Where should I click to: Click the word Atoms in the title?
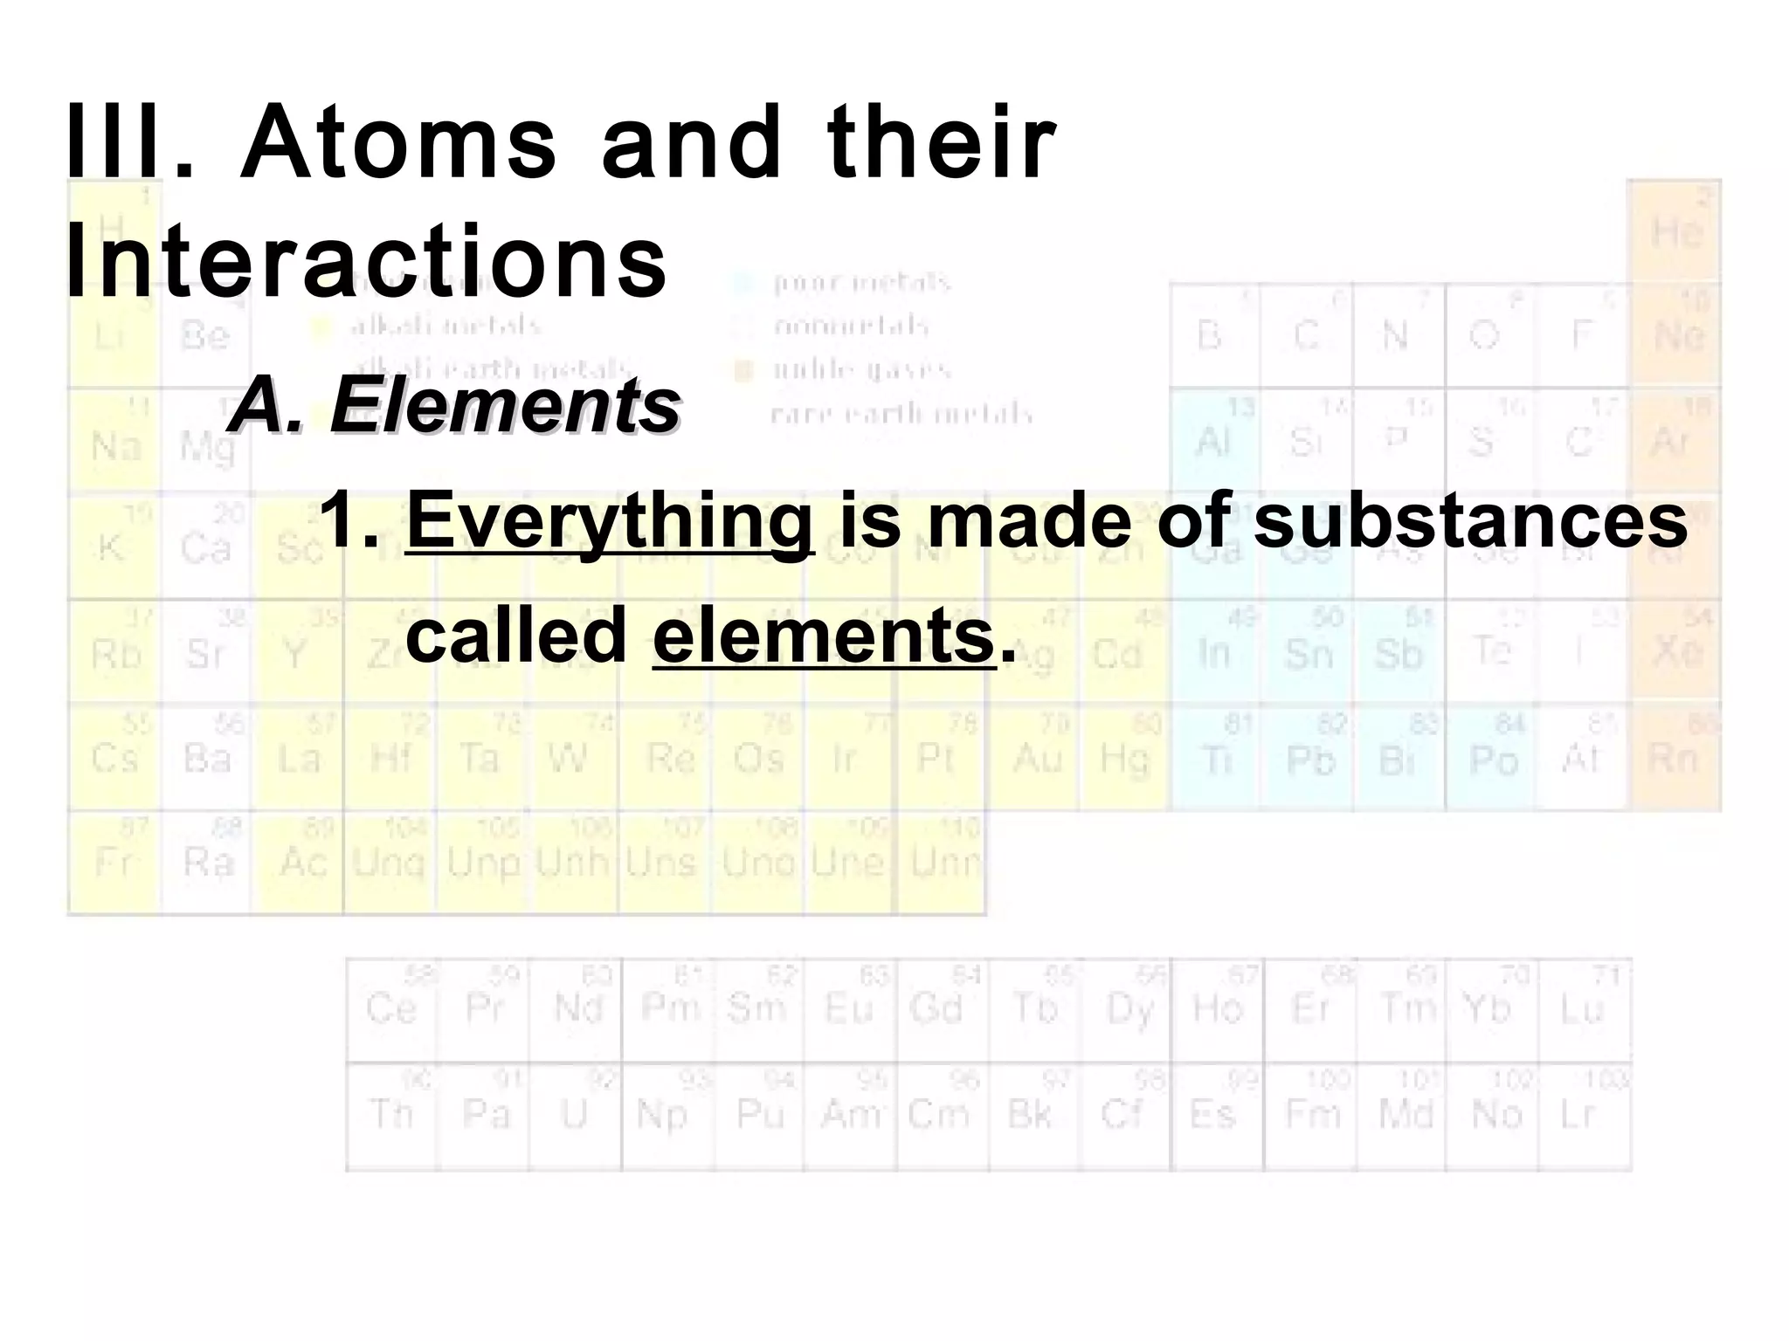coord(398,141)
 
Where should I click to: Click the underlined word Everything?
coord(610,521)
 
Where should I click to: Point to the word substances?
coord(1470,521)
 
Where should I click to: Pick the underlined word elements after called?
coord(824,636)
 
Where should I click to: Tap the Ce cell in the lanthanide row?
coord(391,1009)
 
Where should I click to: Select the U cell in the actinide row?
coord(575,1115)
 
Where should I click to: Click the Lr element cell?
coord(1583,1115)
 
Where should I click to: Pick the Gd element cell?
coord(942,1009)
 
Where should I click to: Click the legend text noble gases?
coord(861,370)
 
